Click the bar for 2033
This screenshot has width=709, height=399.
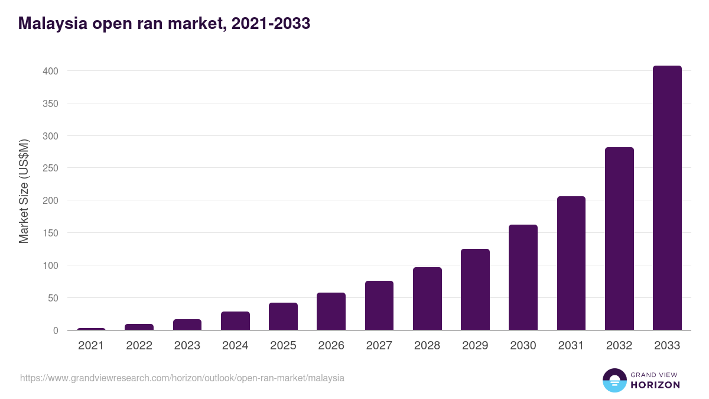point(667,198)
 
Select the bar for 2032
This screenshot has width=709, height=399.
point(619,239)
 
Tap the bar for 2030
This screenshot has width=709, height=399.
point(523,277)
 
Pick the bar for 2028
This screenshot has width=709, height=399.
point(427,299)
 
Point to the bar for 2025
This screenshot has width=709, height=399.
point(283,316)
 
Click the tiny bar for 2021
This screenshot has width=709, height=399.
point(91,329)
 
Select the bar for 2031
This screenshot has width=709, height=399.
point(571,263)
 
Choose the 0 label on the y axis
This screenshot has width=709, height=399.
point(55,330)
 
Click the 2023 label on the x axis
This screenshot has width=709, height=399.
point(187,346)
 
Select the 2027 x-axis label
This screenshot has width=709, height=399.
point(379,346)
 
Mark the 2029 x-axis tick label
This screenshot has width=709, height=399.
point(475,346)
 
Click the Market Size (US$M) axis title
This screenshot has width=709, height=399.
point(24,191)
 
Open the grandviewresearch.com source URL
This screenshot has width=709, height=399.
point(182,378)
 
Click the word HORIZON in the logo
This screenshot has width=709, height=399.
point(655,385)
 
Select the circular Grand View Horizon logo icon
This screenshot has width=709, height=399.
point(614,380)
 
